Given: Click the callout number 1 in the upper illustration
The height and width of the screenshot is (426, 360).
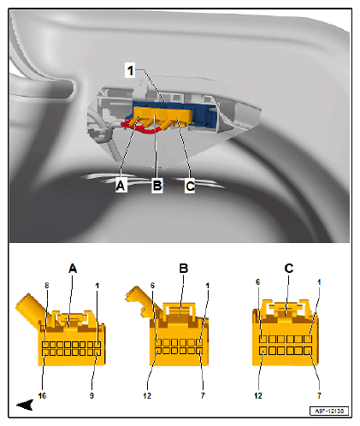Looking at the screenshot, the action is pyautogui.click(x=130, y=70).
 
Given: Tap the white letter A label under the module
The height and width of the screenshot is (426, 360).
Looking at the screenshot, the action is pyautogui.click(x=121, y=186).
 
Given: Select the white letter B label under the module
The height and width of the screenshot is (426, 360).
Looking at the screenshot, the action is pyautogui.click(x=157, y=186).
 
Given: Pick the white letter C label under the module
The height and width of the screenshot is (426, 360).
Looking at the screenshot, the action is pyautogui.click(x=190, y=186).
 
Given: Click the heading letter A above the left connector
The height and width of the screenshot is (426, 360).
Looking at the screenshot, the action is pyautogui.click(x=73, y=269).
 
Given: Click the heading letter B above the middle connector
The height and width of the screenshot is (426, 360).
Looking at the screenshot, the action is pyautogui.click(x=184, y=269).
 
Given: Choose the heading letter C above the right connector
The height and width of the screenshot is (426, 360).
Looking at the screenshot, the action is pyautogui.click(x=289, y=269).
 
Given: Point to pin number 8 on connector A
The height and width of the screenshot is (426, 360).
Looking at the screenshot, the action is pyautogui.click(x=47, y=286).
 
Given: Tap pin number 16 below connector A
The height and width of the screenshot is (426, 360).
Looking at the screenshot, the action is pyautogui.click(x=42, y=395).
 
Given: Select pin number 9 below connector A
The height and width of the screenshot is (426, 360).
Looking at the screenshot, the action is pyautogui.click(x=91, y=395).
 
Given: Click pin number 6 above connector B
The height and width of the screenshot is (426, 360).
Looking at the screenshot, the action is pyautogui.click(x=152, y=286).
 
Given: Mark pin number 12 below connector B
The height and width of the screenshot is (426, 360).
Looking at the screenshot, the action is pyautogui.click(x=147, y=395).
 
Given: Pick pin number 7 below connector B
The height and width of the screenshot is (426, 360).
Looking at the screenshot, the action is pyautogui.click(x=203, y=395).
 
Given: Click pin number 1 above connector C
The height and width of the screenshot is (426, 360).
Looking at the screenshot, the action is pyautogui.click(x=319, y=282).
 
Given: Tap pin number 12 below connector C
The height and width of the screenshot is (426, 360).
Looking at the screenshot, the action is pyautogui.click(x=258, y=395).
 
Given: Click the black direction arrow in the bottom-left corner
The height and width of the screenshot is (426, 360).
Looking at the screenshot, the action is pyautogui.click(x=25, y=405).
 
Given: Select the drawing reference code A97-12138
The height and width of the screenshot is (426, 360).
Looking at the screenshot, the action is pyautogui.click(x=329, y=411).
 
